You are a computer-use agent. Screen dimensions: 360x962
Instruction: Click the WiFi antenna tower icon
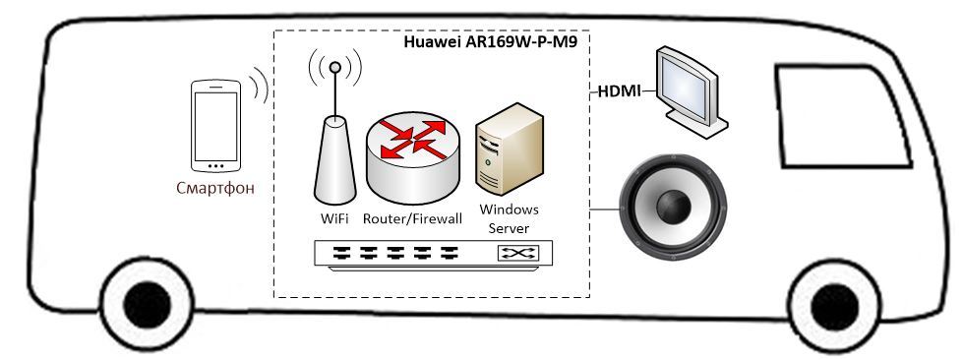pos(334,152)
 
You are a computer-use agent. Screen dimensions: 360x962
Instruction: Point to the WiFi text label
pos(333,217)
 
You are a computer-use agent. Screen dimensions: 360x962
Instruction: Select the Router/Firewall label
pos(412,217)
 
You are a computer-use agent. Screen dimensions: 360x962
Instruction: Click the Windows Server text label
pos(509,218)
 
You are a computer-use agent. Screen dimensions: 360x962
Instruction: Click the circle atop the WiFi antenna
pos(335,68)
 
